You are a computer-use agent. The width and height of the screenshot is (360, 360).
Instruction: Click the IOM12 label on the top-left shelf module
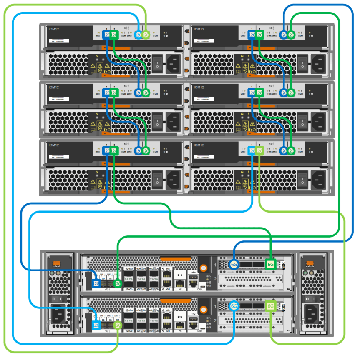(x=53, y=29)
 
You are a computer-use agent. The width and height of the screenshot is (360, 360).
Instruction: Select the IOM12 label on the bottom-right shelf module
(x=199, y=145)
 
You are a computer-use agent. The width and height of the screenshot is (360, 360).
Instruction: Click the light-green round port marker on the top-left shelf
(x=146, y=35)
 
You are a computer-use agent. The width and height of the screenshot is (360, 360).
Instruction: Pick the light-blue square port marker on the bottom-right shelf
(x=252, y=151)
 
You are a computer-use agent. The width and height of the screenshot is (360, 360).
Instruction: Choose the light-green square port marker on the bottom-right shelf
(x=259, y=151)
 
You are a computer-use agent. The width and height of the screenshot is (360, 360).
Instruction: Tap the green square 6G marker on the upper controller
(x=271, y=264)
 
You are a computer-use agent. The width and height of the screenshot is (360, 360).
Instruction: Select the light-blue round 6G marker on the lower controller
(x=234, y=306)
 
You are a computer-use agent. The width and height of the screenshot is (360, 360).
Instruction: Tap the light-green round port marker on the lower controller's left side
(x=118, y=325)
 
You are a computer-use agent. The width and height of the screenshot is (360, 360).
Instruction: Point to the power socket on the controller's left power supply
(x=58, y=313)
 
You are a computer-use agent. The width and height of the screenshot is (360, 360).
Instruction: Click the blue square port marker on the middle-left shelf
(x=107, y=93)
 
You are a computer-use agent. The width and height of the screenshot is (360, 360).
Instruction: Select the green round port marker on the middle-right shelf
(x=291, y=93)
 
